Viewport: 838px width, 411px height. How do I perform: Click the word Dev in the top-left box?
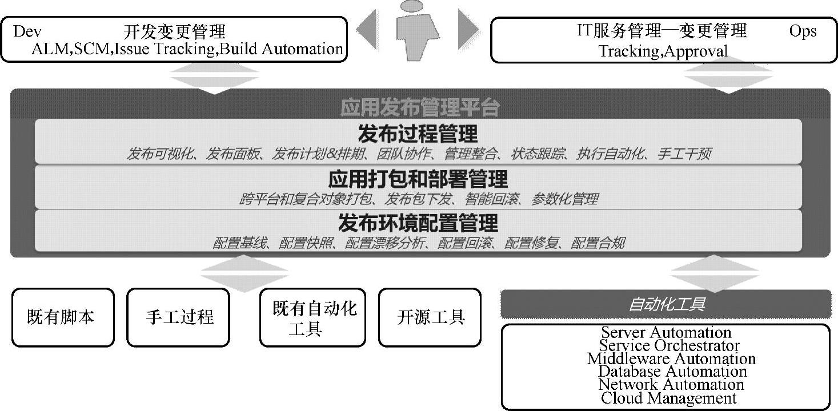pyautogui.click(x=27, y=31)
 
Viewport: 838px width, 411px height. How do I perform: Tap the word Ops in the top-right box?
pyautogui.click(x=803, y=31)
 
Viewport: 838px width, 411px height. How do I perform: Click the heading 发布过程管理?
pyautogui.click(x=418, y=134)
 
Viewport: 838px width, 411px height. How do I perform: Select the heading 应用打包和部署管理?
pyautogui.click(x=418, y=179)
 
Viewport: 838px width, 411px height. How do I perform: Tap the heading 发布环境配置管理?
pyautogui.click(x=418, y=223)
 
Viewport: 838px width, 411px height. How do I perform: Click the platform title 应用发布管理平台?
pyautogui.click(x=420, y=107)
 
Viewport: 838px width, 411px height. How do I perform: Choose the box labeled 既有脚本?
pyautogui.click(x=63, y=317)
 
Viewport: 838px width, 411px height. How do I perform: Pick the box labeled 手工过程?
pyautogui.click(x=178, y=317)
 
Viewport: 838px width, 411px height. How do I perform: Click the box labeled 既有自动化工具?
pyautogui.click(x=312, y=318)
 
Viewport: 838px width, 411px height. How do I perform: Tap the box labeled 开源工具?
pyautogui.click(x=430, y=317)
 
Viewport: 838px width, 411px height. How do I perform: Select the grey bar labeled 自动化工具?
pyautogui.click(x=666, y=304)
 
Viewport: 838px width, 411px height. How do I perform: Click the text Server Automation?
pyautogui.click(x=666, y=332)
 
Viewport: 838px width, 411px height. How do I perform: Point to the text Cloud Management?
pyautogui.click(x=668, y=398)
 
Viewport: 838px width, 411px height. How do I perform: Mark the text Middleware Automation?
pyautogui.click(x=671, y=358)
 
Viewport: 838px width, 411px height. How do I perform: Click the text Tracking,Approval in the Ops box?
pyautogui.click(x=663, y=51)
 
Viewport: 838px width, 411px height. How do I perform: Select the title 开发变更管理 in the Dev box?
pyautogui.click(x=174, y=31)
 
